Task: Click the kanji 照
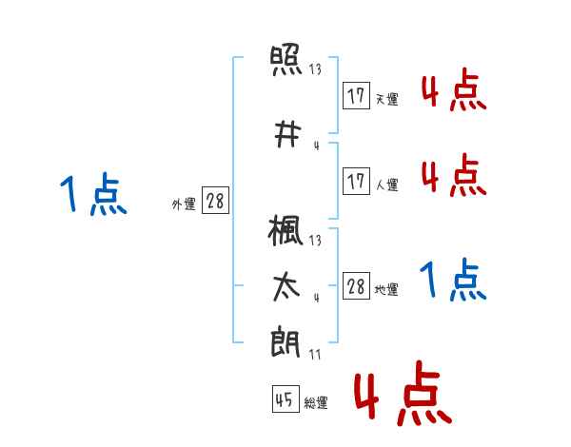click(x=286, y=60)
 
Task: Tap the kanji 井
click(x=287, y=134)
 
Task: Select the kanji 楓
click(x=285, y=230)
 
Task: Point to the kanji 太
click(x=286, y=287)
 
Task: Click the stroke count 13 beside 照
click(x=315, y=68)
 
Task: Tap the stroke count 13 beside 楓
click(x=315, y=241)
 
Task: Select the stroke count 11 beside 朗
click(x=315, y=354)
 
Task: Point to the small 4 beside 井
click(x=317, y=146)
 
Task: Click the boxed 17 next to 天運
click(x=357, y=96)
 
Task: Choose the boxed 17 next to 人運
click(x=357, y=181)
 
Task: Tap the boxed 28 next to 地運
click(x=357, y=285)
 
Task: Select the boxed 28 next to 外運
click(x=216, y=201)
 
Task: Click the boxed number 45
click(x=285, y=398)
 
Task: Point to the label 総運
click(x=316, y=403)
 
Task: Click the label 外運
click(x=184, y=204)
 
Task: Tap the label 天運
click(x=386, y=99)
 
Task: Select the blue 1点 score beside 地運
click(x=453, y=280)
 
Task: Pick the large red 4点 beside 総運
click(x=404, y=393)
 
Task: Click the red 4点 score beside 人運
click(x=454, y=175)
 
